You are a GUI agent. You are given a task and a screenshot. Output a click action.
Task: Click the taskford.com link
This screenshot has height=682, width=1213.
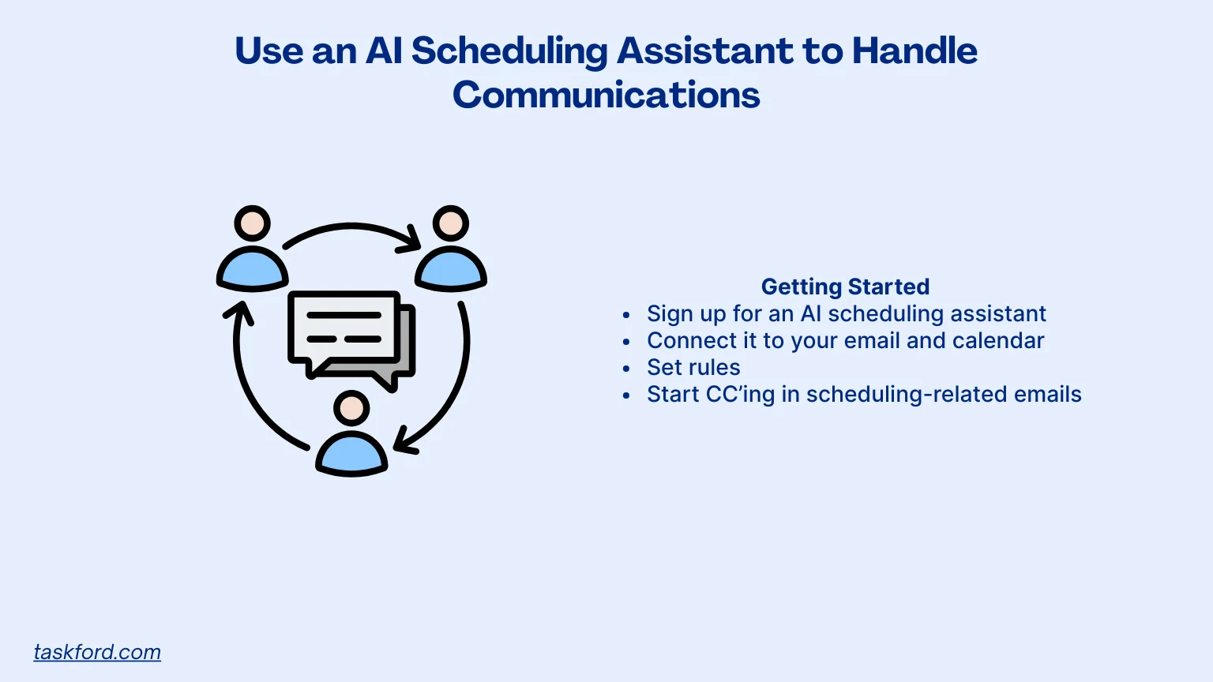tap(97, 652)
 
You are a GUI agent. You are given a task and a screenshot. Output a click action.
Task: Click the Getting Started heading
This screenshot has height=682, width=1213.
tap(845, 287)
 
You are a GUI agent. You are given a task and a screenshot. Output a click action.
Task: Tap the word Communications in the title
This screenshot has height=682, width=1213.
tap(606, 95)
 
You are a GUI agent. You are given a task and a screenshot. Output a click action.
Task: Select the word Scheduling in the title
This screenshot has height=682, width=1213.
tap(509, 51)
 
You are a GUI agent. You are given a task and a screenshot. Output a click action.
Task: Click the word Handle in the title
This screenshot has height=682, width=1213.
tap(914, 51)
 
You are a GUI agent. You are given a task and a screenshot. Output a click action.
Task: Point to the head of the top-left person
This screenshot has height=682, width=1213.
tap(253, 224)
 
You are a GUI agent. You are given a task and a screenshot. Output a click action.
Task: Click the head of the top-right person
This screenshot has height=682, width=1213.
tap(451, 224)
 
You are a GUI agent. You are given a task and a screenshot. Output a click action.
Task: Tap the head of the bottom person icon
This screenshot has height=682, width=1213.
tap(351, 408)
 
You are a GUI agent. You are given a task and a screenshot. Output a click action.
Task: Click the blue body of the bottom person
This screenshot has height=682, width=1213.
tap(351, 455)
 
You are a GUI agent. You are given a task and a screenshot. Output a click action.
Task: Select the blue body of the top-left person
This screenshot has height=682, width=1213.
tap(253, 271)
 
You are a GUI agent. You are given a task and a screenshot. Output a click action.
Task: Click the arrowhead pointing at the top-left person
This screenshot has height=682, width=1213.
tap(239, 313)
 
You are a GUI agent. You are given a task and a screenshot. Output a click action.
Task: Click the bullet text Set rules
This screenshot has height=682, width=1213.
tap(693, 368)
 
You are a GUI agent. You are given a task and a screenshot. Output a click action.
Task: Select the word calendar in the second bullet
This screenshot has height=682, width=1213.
tap(998, 341)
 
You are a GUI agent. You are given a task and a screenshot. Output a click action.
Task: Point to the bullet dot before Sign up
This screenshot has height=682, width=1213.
tap(626, 315)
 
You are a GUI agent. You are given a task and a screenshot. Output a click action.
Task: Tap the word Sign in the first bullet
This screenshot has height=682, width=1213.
tap(669, 314)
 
